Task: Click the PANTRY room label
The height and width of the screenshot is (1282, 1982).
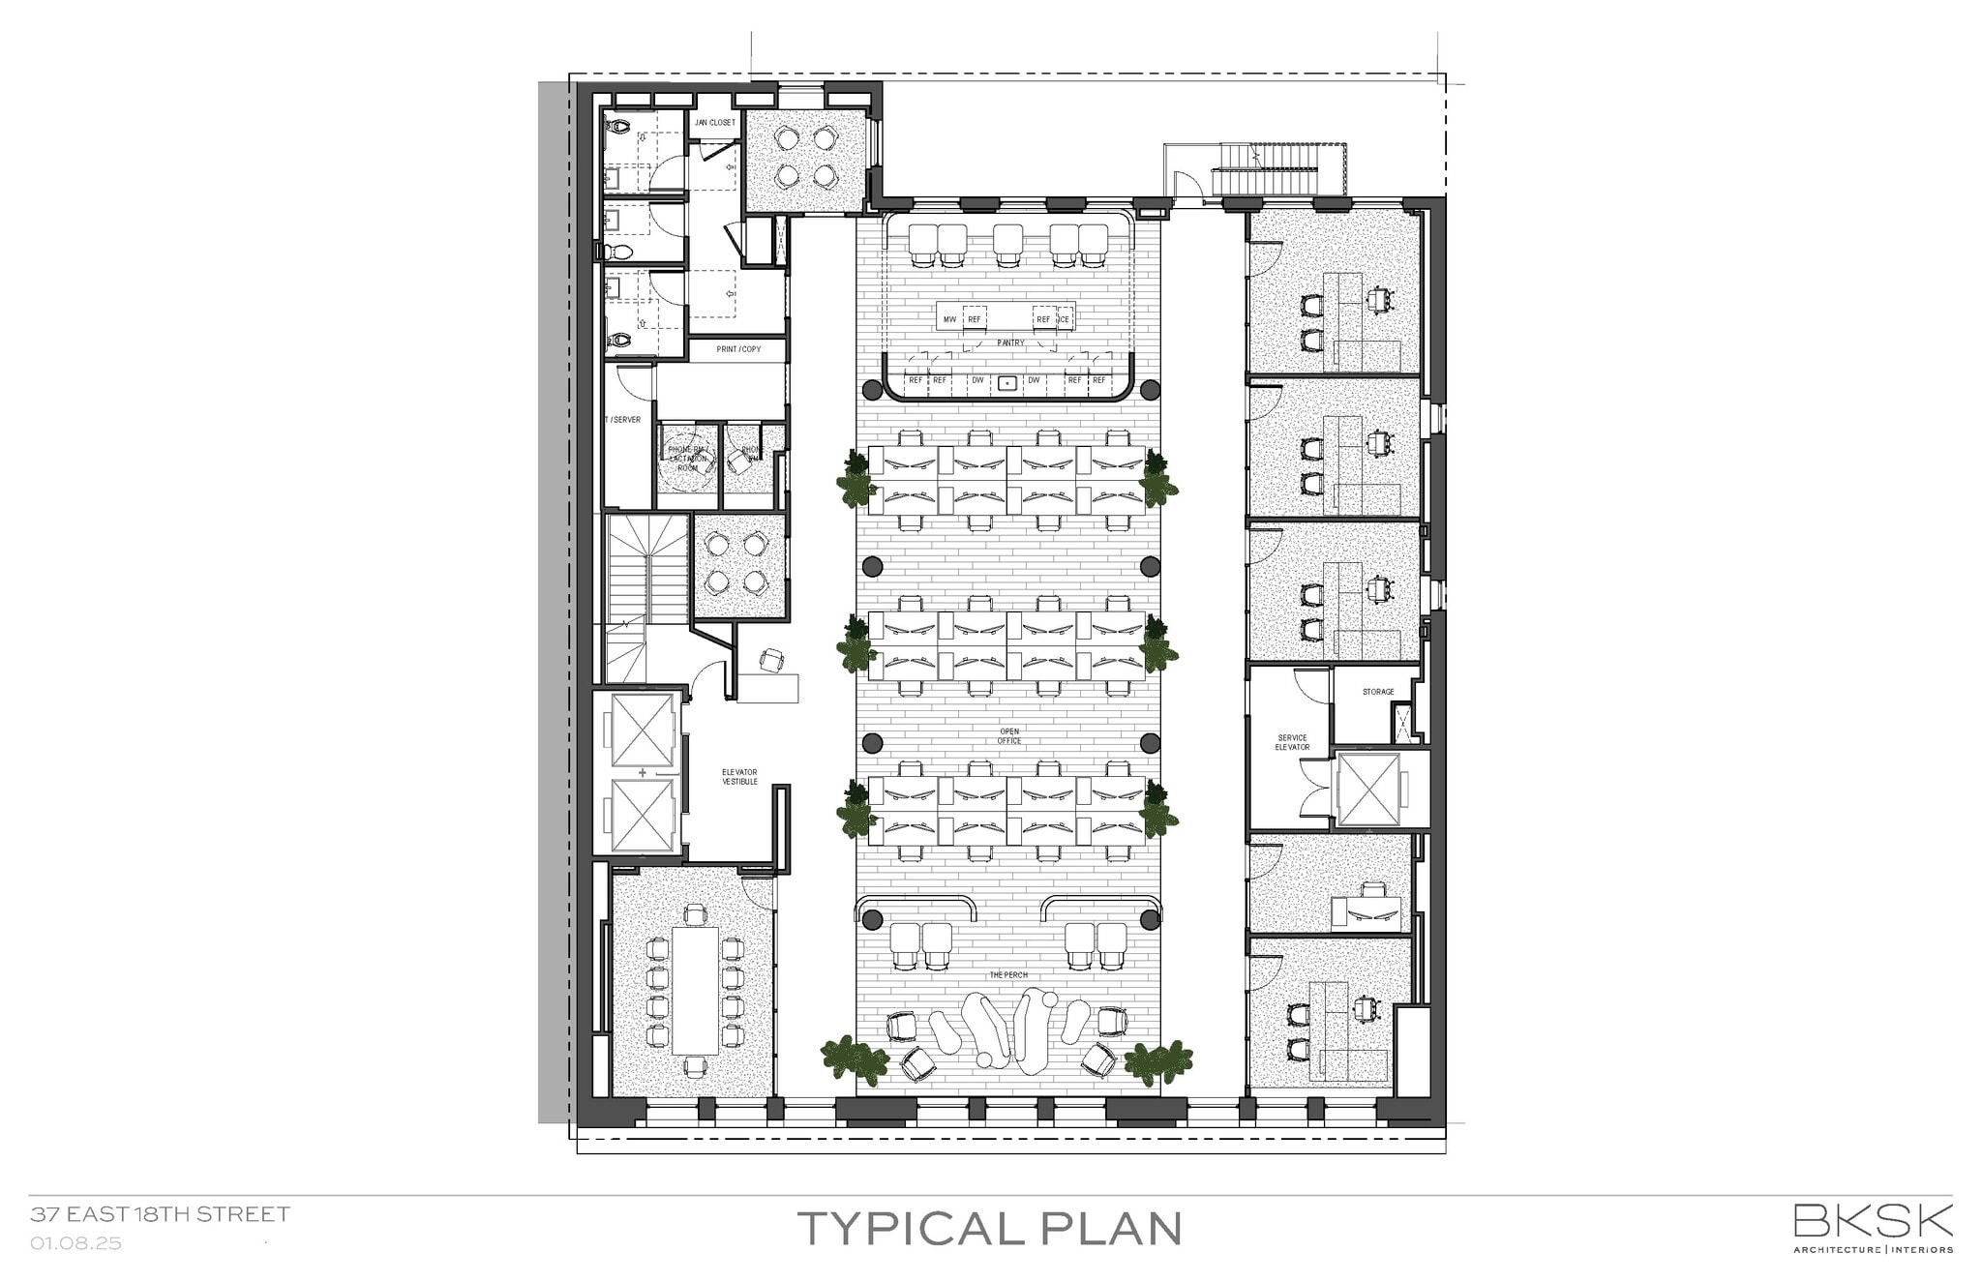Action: tap(1009, 343)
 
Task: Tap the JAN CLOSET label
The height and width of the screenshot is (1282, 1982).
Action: tap(714, 123)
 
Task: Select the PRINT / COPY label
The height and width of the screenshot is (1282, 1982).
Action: tap(738, 349)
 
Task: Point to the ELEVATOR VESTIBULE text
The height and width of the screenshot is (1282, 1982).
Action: tap(739, 777)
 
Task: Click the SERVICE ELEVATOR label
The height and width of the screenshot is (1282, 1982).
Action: tap(1292, 742)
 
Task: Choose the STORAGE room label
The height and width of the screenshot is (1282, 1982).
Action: tap(1377, 692)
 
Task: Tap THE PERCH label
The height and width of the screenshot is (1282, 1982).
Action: tap(1007, 974)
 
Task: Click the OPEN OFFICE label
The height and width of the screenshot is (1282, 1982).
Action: tap(1009, 736)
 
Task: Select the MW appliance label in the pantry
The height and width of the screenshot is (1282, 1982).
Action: tap(949, 319)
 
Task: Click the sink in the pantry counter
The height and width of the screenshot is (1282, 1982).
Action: tap(1007, 382)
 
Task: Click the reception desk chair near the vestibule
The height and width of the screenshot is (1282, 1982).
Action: tap(772, 661)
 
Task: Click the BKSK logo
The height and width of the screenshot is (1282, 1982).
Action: tap(1873, 1221)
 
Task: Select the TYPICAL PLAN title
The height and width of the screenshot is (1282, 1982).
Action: tap(989, 1228)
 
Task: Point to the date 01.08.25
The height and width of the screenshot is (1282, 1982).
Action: tap(75, 1243)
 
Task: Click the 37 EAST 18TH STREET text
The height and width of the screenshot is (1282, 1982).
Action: tap(160, 1213)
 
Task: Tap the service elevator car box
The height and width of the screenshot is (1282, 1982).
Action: tap(1366, 789)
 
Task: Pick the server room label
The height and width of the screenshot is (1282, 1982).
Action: tap(622, 420)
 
